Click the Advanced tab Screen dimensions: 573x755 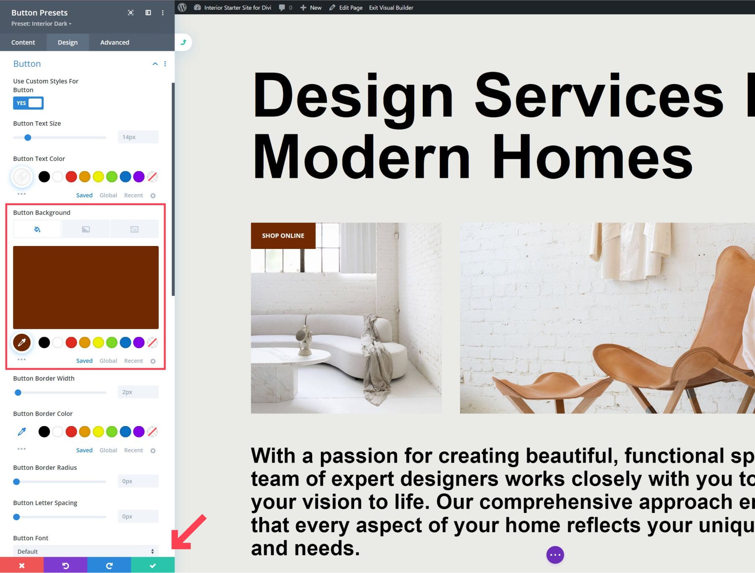coord(115,42)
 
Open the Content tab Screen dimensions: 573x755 coord(23,42)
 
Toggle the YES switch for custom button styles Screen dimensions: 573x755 coord(28,103)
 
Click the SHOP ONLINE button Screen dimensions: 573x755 coord(283,235)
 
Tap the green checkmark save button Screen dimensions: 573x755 coord(153,565)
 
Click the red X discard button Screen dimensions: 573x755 coord(22,565)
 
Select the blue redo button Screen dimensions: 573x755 coord(109,565)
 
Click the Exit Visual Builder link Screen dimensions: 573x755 coord(391,8)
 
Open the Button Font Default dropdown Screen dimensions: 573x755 coord(86,551)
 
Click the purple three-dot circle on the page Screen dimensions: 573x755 coord(555,555)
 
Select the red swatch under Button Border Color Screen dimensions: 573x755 coord(71,432)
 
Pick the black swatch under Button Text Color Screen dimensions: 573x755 coord(44,177)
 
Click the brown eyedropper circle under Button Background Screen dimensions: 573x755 coord(22,343)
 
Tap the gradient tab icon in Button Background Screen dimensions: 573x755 coord(86,229)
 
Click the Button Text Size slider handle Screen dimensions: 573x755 coord(28,137)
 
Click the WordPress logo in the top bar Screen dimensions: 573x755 coord(182,8)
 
